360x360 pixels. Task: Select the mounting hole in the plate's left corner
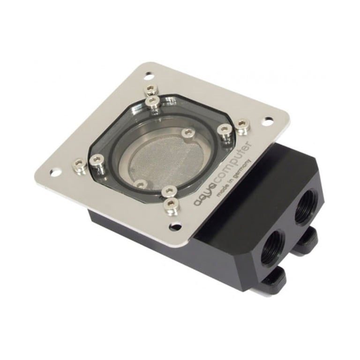pos(55,172)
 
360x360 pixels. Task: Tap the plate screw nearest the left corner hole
pos(80,165)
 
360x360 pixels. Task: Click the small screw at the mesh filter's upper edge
pos(188,134)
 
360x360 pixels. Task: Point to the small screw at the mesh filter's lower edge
pos(139,183)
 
